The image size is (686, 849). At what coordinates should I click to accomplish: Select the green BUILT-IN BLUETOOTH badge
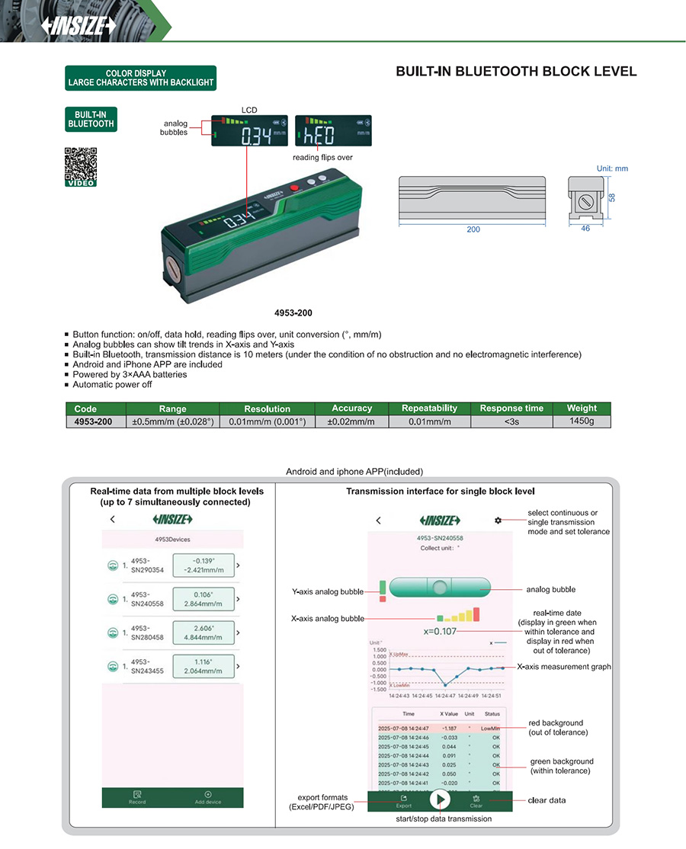tap(91, 120)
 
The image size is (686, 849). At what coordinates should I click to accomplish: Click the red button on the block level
tap(294, 187)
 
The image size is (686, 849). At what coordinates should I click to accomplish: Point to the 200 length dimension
tap(473, 229)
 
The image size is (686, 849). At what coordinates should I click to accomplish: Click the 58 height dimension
tap(611, 197)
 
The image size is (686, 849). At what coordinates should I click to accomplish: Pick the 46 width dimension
tap(585, 228)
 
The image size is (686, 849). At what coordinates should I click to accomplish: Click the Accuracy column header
tap(351, 408)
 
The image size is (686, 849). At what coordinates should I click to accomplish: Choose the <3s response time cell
tap(511, 421)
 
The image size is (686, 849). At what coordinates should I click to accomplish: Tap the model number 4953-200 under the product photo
tap(293, 312)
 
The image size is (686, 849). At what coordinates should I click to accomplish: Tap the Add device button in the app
tap(207, 798)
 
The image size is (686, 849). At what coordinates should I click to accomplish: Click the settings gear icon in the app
tap(498, 521)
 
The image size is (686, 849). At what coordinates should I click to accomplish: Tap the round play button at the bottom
tap(439, 799)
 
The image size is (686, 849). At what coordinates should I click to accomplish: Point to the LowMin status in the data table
tap(489, 729)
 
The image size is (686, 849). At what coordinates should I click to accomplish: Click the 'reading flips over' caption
tap(322, 158)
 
